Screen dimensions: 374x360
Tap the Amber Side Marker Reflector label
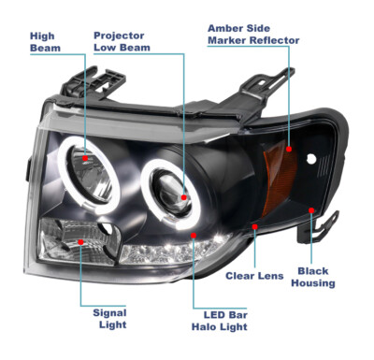click(252, 35)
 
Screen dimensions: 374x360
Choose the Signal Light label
click(109, 320)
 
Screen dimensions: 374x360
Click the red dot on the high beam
click(86, 159)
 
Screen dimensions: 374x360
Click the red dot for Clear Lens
click(254, 226)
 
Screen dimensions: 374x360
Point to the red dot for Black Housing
click(311, 211)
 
